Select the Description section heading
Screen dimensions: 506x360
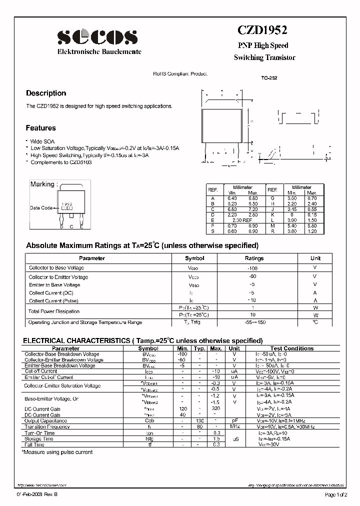click(46, 93)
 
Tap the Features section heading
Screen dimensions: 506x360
click(41, 128)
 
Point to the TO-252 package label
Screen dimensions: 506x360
click(269, 78)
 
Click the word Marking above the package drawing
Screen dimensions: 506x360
click(42, 184)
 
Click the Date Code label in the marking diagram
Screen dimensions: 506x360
click(41, 208)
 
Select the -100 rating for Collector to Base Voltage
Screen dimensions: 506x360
click(253, 268)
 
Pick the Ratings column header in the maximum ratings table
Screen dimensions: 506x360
click(253, 258)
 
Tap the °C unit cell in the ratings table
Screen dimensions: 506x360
click(315, 322)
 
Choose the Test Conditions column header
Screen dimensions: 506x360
click(292, 348)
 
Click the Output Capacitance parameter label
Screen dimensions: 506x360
click(46, 420)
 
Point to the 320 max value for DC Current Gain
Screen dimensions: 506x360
click(216, 409)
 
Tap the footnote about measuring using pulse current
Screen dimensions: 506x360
click(57, 452)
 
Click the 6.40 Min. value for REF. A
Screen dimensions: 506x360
click(232, 197)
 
